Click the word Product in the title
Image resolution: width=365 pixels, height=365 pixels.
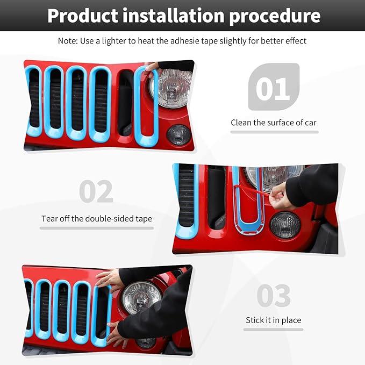pos(83,16)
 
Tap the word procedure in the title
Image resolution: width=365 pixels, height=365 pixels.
pos(275,16)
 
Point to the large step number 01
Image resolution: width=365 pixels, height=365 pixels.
pos(273,89)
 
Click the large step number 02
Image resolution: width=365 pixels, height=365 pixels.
pos(96,192)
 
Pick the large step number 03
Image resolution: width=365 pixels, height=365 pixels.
pos(273,296)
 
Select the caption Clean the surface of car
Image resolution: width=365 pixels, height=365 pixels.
pos(274,123)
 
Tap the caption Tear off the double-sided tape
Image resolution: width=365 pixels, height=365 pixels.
pos(97,219)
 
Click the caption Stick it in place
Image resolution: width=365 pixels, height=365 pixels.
pos(273,320)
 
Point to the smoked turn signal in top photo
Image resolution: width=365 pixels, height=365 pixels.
pos(178,134)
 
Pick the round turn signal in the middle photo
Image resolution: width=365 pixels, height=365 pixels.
pos(284,225)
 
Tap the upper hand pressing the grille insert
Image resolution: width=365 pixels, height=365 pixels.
pos(111,278)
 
